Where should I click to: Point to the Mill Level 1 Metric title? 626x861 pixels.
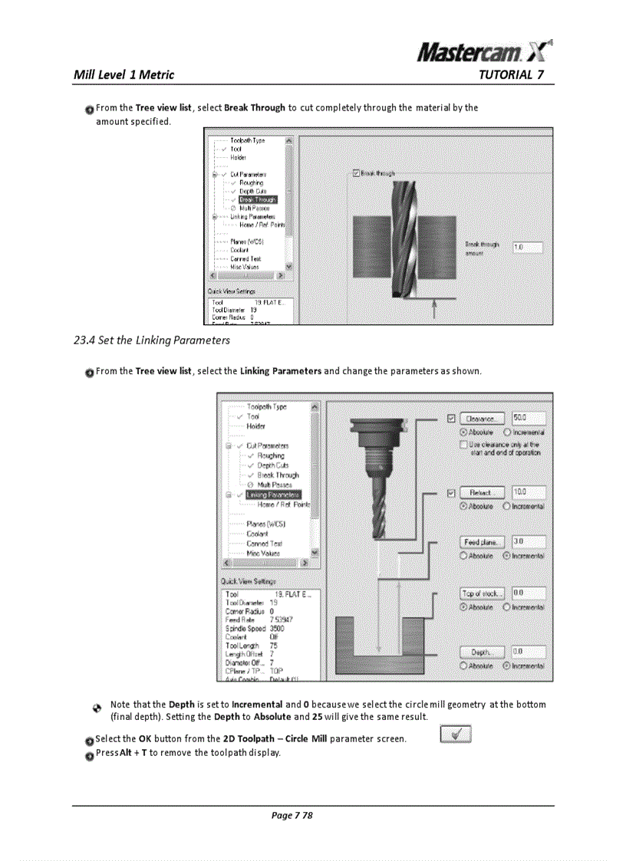click(x=124, y=74)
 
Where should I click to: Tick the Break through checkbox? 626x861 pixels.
click(x=355, y=174)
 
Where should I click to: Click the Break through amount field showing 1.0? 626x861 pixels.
click(x=527, y=248)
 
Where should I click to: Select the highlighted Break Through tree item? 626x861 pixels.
click(x=257, y=199)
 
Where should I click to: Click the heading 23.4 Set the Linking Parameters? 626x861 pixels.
click(x=151, y=340)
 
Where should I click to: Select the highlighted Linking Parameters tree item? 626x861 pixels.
click(x=273, y=495)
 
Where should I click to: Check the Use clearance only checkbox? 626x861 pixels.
click(x=463, y=445)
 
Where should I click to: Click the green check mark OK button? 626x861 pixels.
click(x=456, y=735)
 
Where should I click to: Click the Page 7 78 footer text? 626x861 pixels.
click(x=292, y=815)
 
